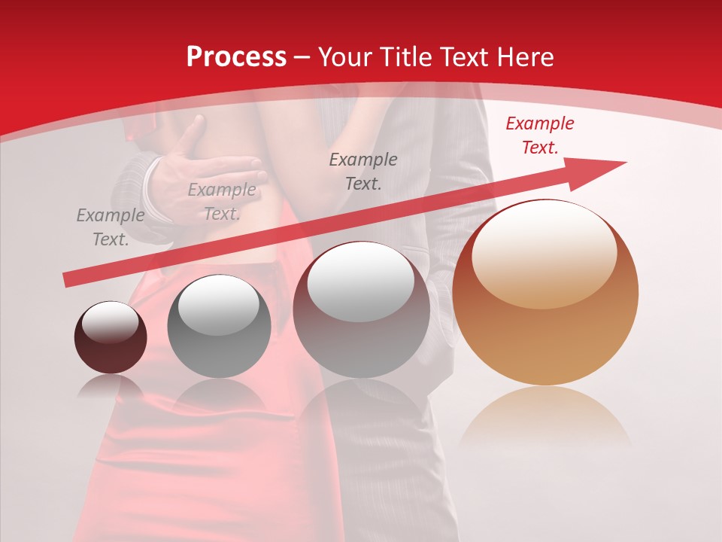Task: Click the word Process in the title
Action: [x=236, y=57]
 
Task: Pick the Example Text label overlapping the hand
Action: [x=221, y=202]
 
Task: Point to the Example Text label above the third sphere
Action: [x=363, y=171]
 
